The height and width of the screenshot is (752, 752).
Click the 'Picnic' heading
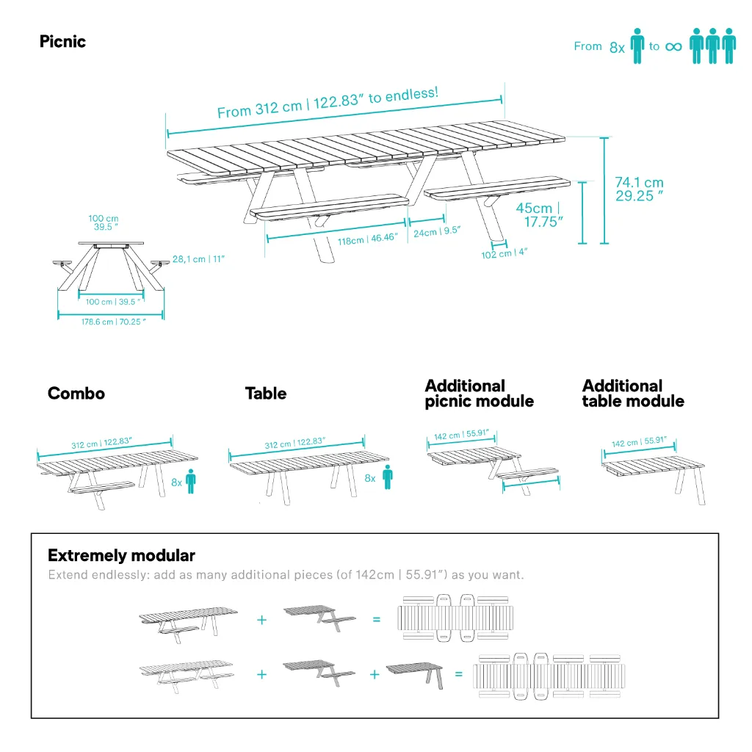pyautogui.click(x=62, y=42)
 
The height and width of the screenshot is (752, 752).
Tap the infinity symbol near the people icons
pyautogui.click(x=673, y=47)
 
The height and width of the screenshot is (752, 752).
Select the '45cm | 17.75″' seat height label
pyautogui.click(x=539, y=215)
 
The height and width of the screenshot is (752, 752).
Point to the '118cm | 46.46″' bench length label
pyautogui.click(x=367, y=238)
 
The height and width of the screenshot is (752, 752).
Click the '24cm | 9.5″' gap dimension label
pyautogui.click(x=436, y=232)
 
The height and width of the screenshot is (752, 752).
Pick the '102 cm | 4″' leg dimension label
pyautogui.click(x=505, y=253)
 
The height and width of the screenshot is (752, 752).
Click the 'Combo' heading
pyautogui.click(x=76, y=394)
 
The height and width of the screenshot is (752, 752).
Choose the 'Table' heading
pyautogui.click(x=266, y=394)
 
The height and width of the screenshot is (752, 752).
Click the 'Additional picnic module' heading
pyautogui.click(x=479, y=394)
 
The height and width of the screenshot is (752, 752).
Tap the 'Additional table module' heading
pyautogui.click(x=633, y=394)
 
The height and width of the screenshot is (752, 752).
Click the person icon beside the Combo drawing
pyautogui.click(x=191, y=481)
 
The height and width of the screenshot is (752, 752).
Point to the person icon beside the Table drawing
pyautogui.click(x=387, y=477)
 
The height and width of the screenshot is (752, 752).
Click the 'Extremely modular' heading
pyautogui.click(x=121, y=555)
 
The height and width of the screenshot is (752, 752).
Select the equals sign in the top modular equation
pyautogui.click(x=377, y=619)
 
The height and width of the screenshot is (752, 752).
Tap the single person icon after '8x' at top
pyautogui.click(x=637, y=46)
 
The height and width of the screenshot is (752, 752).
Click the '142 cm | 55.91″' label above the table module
pyautogui.click(x=639, y=443)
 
